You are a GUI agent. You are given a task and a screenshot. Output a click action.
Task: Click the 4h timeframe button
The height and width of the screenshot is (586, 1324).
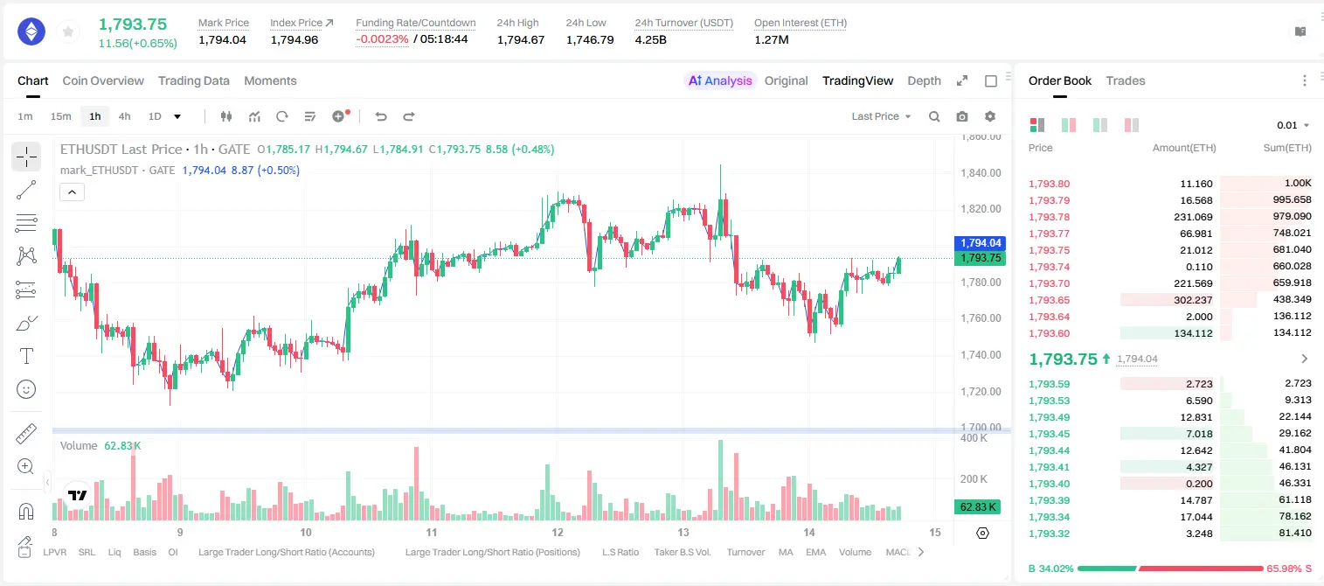click(x=124, y=116)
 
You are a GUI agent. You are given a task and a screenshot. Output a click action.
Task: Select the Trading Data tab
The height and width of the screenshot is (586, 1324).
click(x=194, y=80)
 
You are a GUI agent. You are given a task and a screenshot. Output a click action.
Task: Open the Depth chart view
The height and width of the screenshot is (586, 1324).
click(x=924, y=80)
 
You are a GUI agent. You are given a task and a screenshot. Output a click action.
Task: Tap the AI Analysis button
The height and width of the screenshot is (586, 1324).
click(x=720, y=80)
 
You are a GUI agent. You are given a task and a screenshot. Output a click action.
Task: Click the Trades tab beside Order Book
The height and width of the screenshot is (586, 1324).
click(x=1126, y=80)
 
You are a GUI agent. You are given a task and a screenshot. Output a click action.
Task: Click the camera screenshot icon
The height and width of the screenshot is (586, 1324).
click(x=962, y=116)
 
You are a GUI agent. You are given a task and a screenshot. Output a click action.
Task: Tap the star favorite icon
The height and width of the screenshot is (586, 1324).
click(x=68, y=31)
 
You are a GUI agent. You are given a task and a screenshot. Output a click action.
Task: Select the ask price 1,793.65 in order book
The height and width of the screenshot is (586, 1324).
click(x=1050, y=300)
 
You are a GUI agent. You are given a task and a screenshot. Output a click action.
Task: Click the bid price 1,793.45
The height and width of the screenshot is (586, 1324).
click(x=1050, y=434)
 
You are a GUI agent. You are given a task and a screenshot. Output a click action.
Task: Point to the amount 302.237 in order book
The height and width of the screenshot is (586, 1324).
click(x=1193, y=300)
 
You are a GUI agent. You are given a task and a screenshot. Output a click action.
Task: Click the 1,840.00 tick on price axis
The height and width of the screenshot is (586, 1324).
click(x=981, y=172)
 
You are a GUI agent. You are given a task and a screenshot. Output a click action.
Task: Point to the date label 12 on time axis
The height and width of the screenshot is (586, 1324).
click(x=558, y=532)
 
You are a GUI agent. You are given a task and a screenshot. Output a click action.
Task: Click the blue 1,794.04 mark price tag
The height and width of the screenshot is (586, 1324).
click(x=980, y=243)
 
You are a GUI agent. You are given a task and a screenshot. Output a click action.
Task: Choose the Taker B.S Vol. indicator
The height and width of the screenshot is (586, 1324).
click(x=682, y=552)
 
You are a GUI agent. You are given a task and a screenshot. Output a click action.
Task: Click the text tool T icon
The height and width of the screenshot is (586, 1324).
click(x=26, y=356)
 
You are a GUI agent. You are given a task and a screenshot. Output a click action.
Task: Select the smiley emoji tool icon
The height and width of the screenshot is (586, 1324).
click(x=26, y=389)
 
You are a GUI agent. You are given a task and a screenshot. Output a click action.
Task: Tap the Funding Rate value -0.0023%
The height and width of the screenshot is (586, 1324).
click(x=382, y=39)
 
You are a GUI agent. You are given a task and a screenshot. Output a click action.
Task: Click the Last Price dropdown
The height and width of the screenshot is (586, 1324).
click(x=881, y=116)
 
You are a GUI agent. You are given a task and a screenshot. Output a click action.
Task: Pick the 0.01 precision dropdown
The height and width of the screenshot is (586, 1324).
click(x=1293, y=125)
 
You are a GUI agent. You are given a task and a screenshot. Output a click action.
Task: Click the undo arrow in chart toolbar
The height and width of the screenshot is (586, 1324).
click(x=381, y=116)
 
